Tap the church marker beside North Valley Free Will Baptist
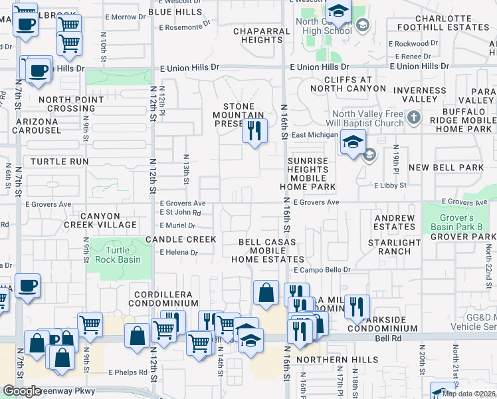click(x=413, y=118)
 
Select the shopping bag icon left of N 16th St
click(x=266, y=292)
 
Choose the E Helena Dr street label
click(x=179, y=253)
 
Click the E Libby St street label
click(x=390, y=186)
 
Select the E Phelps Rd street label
click(x=128, y=372)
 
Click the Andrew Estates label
click(x=394, y=222)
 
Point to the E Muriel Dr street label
click(x=178, y=225)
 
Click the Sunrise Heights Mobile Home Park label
click(x=308, y=174)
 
